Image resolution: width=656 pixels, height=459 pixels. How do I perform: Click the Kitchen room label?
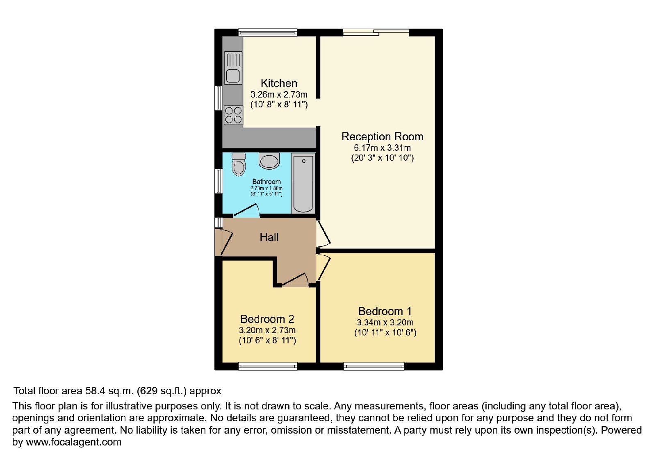coord(279,83)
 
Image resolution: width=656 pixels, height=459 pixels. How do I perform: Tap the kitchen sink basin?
coord(233,76)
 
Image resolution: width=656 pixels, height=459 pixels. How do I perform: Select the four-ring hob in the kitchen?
coord(233,115)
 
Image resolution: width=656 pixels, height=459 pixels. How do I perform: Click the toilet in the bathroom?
coord(239,164)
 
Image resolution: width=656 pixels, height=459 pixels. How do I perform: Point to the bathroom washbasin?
coord(269,161)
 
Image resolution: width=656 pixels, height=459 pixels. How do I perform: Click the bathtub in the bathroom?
coord(303,184)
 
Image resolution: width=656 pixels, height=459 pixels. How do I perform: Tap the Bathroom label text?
coord(266,182)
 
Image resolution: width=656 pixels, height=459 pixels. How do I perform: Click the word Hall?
coord(269,237)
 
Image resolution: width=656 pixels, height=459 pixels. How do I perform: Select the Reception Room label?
coord(383,137)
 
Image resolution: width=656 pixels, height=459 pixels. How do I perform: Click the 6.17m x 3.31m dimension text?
coord(383,148)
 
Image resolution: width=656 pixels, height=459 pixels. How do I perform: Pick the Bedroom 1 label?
coord(385,311)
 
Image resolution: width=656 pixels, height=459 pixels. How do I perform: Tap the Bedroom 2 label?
coord(267,319)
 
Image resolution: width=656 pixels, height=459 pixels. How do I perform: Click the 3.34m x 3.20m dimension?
coord(385,323)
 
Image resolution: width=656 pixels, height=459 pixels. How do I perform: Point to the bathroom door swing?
coord(246,211)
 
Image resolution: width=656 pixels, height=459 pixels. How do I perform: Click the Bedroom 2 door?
coord(295,280)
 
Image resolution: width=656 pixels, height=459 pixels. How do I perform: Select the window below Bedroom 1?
coord(374,366)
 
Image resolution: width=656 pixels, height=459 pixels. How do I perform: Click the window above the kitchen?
coord(268,32)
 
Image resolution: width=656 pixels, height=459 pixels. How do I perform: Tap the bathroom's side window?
coord(219,181)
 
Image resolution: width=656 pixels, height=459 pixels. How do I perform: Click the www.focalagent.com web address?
coord(73,442)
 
